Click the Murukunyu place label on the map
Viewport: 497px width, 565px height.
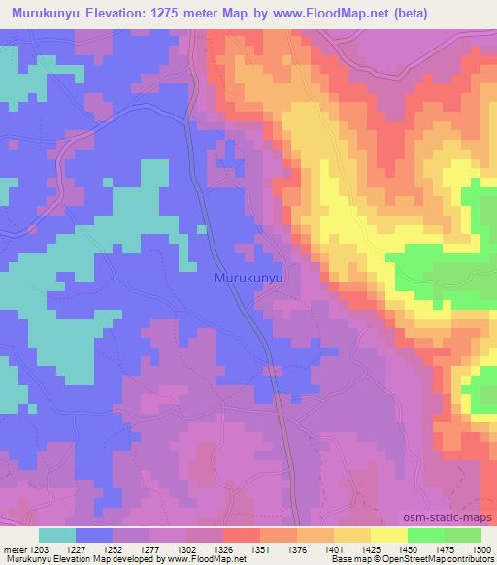[x=248, y=278]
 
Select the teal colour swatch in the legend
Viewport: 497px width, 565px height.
[x=57, y=535]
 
